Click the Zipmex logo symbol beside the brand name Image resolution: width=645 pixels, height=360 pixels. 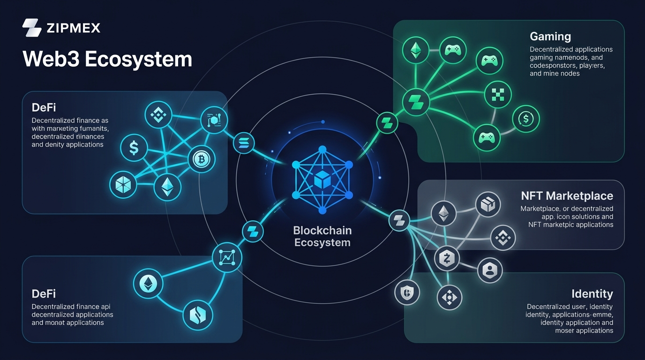(32, 28)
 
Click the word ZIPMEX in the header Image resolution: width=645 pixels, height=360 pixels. (74, 28)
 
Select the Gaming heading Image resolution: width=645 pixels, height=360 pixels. (550, 36)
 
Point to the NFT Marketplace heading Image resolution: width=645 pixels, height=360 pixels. (567, 195)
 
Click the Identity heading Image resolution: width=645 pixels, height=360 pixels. (592, 294)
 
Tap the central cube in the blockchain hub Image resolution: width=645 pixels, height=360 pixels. (322, 180)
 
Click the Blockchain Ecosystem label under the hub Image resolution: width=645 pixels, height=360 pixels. (322, 237)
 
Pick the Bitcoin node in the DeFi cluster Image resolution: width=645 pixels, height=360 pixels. (202, 160)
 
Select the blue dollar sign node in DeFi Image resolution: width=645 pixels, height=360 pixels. (134, 149)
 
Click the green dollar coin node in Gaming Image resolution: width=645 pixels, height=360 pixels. (526, 119)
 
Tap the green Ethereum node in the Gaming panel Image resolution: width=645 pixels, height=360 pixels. (416, 50)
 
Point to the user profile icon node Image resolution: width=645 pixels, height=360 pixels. (490, 270)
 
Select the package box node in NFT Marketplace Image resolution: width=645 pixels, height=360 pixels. (488, 205)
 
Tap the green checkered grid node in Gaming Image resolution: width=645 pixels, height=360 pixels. (497, 94)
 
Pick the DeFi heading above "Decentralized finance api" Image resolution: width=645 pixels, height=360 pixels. (44, 294)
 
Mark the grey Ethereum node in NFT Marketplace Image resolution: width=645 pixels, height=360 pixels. (443, 214)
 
